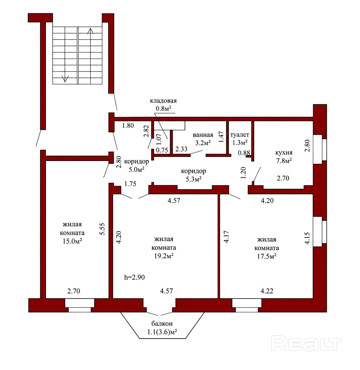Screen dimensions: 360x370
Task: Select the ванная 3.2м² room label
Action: pyautogui.click(x=203, y=139)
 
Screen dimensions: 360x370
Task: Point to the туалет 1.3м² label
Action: pyautogui.click(x=240, y=139)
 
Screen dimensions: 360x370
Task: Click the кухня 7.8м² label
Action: pyautogui.click(x=284, y=157)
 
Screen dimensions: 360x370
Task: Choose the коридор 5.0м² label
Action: pyautogui.click(x=137, y=166)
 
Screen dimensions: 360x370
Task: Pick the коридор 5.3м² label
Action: pyautogui.click(x=193, y=175)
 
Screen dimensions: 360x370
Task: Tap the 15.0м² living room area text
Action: pyautogui.click(x=72, y=241)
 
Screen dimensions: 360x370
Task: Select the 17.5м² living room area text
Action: pyautogui.click(x=267, y=256)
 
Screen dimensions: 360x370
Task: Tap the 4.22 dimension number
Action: pyautogui.click(x=267, y=291)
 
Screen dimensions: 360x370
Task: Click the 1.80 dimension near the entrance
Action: pyautogui.click(x=128, y=125)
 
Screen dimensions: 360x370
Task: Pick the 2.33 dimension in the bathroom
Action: pyautogui.click(x=181, y=149)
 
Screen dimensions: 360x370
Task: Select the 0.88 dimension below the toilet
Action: pyautogui.click(x=244, y=153)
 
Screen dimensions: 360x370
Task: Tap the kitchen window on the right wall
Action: pyautogui.click(x=320, y=149)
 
